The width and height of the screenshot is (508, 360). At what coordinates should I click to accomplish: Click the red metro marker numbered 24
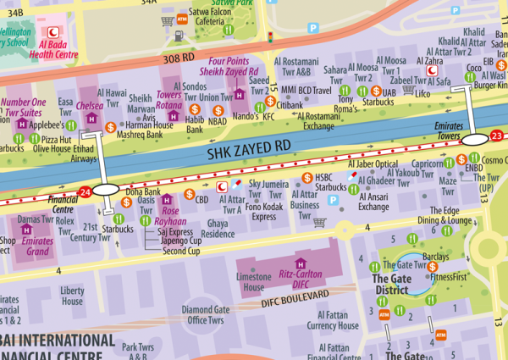tap(84, 191)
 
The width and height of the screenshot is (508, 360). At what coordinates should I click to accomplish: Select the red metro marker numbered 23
tap(497, 136)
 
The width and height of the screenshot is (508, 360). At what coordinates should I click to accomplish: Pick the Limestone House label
tap(253, 283)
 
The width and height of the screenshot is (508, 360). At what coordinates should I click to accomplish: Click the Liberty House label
tap(72, 296)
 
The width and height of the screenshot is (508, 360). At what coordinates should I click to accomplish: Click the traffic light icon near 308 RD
tap(270, 38)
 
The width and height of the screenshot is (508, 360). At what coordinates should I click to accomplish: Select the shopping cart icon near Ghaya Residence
tap(319, 223)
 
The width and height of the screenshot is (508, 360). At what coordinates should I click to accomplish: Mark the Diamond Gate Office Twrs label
tap(207, 315)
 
